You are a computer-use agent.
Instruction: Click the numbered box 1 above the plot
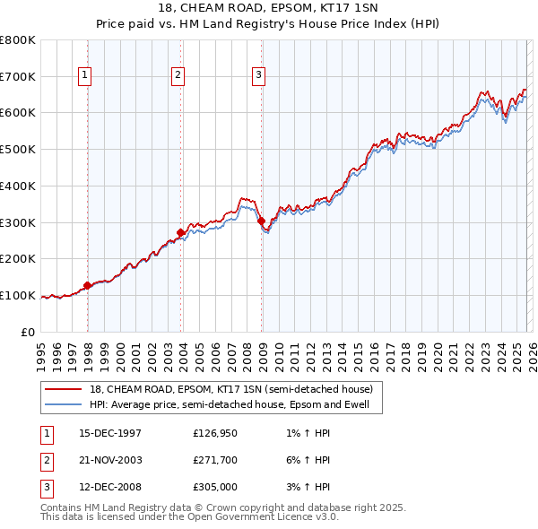85,76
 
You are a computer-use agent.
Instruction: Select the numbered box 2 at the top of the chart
178,76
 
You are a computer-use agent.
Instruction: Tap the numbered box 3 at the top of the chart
258,76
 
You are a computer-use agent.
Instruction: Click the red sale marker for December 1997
87,286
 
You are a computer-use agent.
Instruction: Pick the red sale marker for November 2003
180,233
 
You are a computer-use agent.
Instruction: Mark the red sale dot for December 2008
261,221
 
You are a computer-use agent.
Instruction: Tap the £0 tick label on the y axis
27,332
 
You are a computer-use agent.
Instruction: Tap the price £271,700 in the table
215,460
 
